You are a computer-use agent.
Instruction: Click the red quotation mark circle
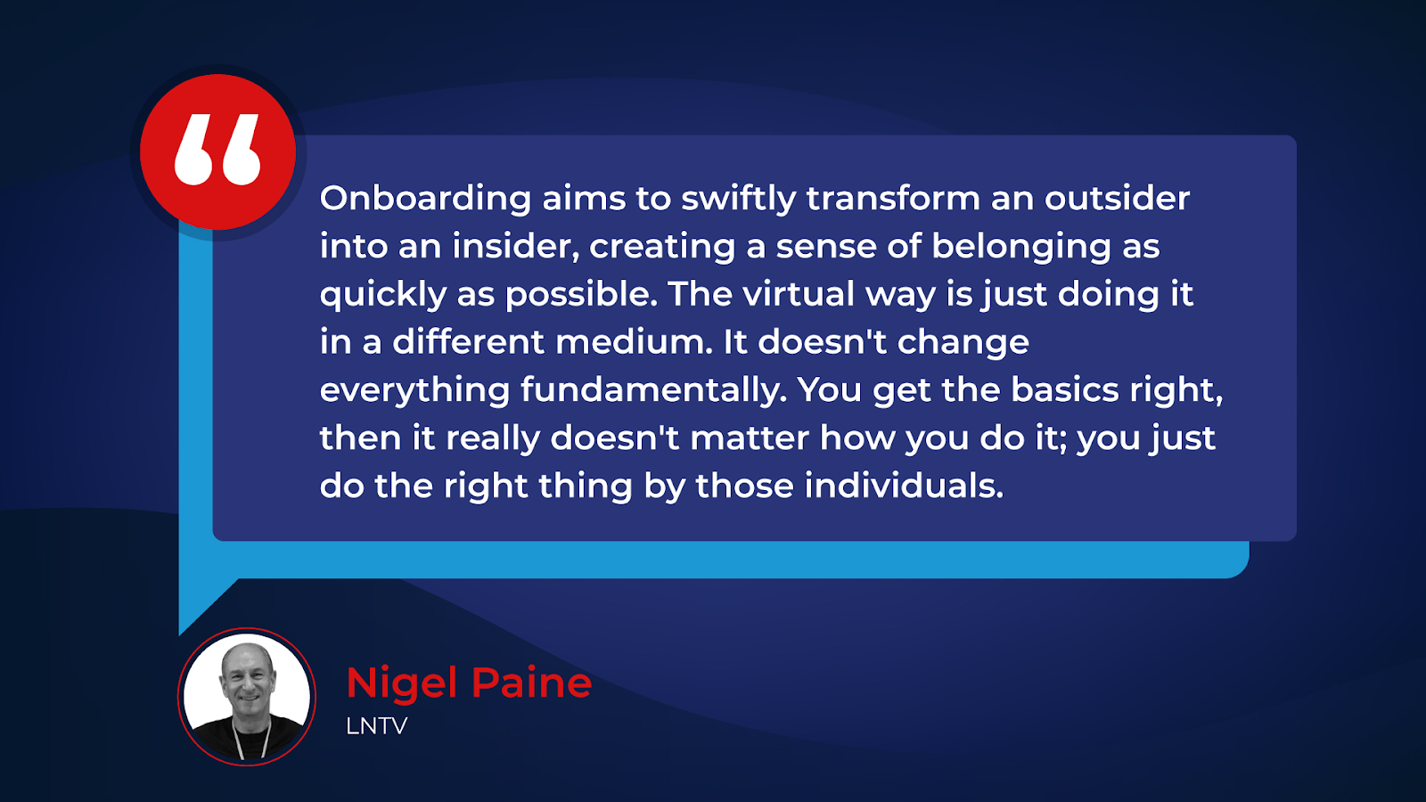(x=217, y=152)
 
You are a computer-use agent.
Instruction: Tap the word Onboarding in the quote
(x=425, y=200)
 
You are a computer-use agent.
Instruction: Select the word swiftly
(x=739, y=200)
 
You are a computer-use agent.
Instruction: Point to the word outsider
(x=1118, y=198)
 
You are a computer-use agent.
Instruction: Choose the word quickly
(x=383, y=295)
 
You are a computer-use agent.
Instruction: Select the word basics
(x=1065, y=389)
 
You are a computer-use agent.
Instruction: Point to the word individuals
(x=904, y=486)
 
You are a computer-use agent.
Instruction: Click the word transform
(x=893, y=198)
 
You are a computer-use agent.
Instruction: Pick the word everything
(x=415, y=391)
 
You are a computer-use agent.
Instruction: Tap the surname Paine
(x=532, y=683)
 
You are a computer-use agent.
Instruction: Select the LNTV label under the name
(x=377, y=726)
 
